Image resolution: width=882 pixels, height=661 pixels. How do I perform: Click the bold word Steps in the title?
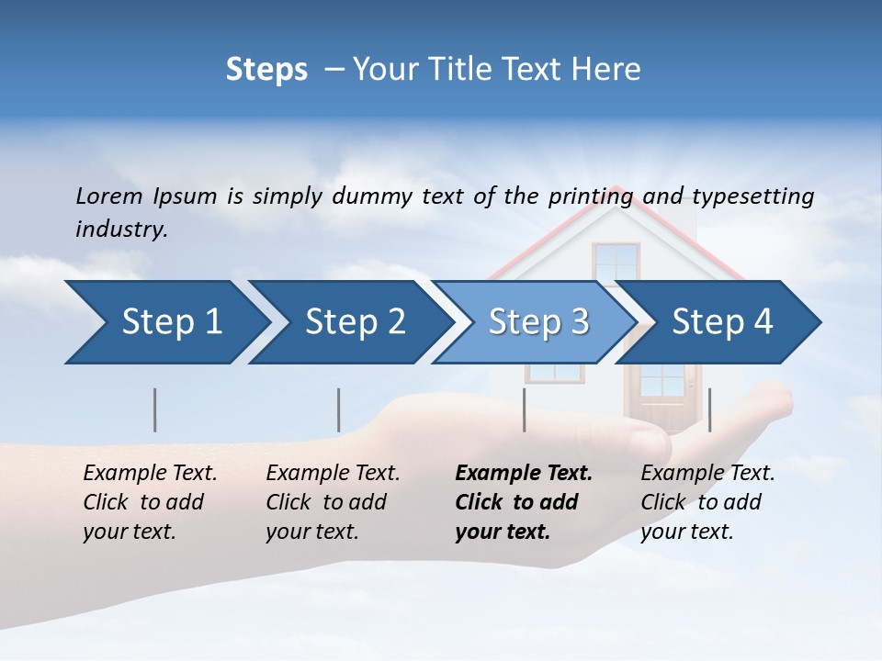coord(266,69)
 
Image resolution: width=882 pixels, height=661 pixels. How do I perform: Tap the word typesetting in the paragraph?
coord(752,196)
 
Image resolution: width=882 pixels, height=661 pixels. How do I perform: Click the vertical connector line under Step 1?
coord(155,409)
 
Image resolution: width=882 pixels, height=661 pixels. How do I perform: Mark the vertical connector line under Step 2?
coord(339,409)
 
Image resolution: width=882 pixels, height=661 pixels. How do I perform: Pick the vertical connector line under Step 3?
coord(525,409)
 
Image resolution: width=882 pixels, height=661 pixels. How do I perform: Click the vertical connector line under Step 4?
coord(710,409)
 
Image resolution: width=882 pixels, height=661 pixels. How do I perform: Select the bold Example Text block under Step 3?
coord(524,502)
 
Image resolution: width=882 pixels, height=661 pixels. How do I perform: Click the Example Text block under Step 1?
coord(150,502)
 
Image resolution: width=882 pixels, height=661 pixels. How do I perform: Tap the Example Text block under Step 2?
coord(333,502)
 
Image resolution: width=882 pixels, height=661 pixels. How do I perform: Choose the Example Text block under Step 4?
coord(707,502)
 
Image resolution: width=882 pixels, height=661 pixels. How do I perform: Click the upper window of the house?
coord(616,261)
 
